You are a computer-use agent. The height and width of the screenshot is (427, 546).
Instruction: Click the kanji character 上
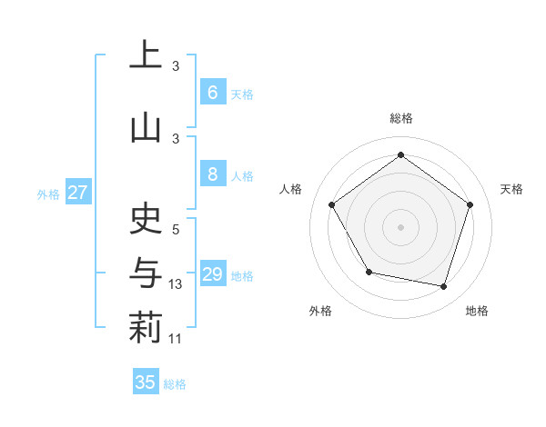[145, 55]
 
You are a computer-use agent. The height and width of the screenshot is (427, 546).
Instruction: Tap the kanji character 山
[145, 128]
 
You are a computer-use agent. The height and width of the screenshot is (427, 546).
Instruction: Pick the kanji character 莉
[145, 327]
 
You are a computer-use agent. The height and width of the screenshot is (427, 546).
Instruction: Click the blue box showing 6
[212, 92]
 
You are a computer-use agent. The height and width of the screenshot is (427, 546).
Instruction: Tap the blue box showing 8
[212, 174]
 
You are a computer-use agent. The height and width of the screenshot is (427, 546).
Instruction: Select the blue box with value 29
[212, 274]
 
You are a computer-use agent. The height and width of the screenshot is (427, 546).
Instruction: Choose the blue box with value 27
[78, 193]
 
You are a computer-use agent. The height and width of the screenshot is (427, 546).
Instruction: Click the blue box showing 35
[146, 382]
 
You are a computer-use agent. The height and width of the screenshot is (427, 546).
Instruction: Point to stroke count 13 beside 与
[177, 284]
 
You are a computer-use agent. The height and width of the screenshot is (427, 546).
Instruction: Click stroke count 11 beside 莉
[177, 339]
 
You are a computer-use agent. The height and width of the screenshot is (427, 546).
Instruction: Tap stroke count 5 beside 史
[176, 230]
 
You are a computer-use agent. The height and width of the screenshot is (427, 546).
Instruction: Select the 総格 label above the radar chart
[400, 118]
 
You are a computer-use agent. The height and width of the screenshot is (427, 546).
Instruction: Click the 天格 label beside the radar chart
[512, 189]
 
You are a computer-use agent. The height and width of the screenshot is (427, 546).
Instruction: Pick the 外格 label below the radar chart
[320, 311]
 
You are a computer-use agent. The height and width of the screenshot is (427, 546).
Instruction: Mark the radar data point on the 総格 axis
[400, 154]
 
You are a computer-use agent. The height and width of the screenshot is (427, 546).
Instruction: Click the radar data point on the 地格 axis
[444, 287]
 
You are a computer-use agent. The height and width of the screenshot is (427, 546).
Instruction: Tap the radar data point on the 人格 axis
[331, 204]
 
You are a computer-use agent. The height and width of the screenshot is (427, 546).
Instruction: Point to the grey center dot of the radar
[400, 226]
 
